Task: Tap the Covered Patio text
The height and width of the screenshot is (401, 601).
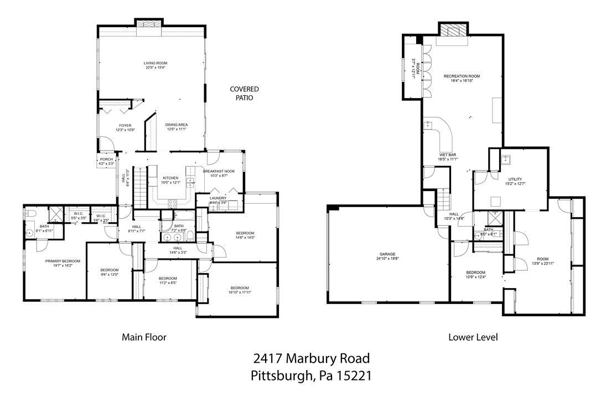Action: click(x=244, y=93)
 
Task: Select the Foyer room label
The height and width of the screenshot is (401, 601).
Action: click(x=125, y=126)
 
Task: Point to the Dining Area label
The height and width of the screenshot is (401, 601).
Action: click(x=177, y=125)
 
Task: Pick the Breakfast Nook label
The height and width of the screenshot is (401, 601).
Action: click(x=219, y=171)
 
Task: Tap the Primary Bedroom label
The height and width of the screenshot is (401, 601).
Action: click(x=63, y=261)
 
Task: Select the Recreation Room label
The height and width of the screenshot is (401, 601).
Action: click(x=462, y=76)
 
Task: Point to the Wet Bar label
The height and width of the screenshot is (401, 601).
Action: click(x=448, y=155)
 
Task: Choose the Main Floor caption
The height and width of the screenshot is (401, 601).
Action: click(x=144, y=336)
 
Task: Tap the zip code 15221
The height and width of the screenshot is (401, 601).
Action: click(x=351, y=376)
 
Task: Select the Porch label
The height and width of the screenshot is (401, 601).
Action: click(x=106, y=160)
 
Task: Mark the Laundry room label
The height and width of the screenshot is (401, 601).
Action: click(x=218, y=198)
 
